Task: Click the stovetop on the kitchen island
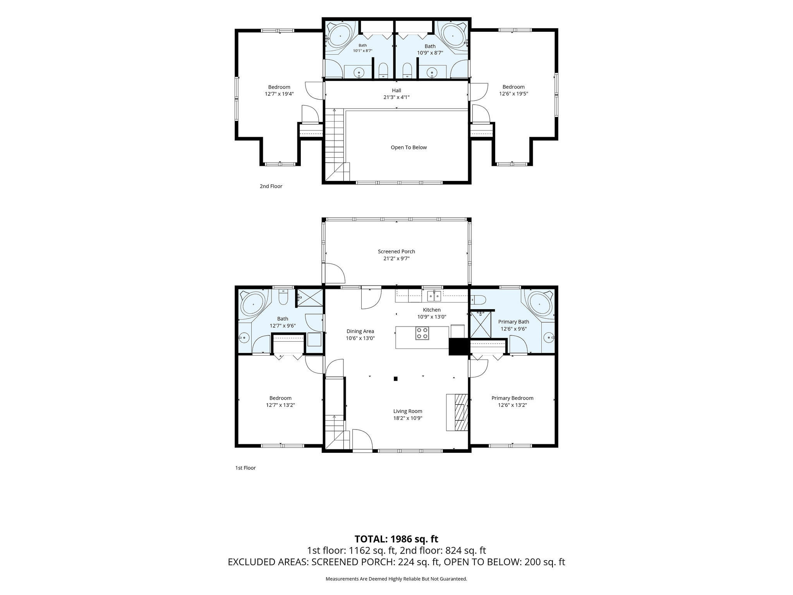(422, 333)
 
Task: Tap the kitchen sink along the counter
(434, 296)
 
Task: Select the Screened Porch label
(396, 251)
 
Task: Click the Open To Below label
(409, 147)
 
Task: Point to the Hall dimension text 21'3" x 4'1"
(396, 97)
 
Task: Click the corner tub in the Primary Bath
(539, 303)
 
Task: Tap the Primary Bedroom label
(512, 398)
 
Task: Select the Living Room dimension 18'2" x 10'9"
(408, 418)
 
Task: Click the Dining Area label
(360, 331)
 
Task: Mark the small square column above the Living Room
(395, 378)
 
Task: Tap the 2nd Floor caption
(271, 186)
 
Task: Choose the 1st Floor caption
(245, 468)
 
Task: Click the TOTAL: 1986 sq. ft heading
(396, 539)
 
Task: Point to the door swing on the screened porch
(334, 273)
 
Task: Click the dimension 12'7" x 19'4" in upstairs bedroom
(279, 94)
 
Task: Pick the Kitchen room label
(432, 310)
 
